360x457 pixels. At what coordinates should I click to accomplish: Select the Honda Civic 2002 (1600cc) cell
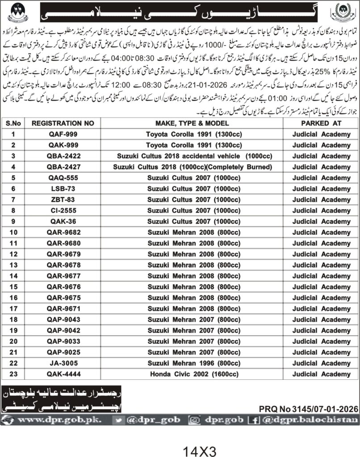pyautogui.click(x=194, y=374)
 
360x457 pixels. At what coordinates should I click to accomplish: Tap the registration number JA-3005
pyautogui.click(x=57, y=363)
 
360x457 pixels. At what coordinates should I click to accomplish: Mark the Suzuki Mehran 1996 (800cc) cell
pyautogui.click(x=194, y=363)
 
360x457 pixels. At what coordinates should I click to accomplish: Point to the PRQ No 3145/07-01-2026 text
pyautogui.click(x=308, y=408)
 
